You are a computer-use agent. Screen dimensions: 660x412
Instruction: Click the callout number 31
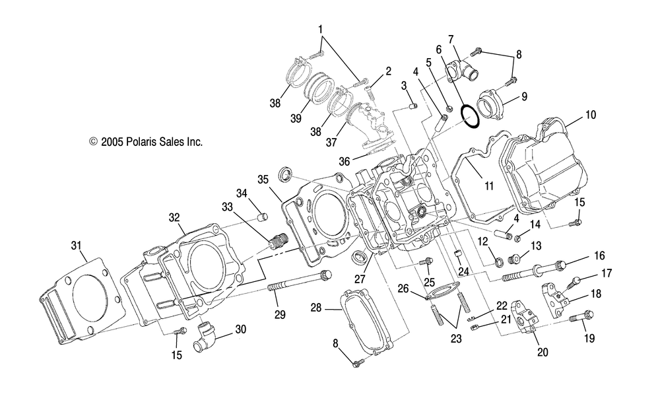point(76,246)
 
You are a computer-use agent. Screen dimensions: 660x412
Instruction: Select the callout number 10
point(591,115)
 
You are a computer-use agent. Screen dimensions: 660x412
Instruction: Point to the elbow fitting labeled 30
point(205,336)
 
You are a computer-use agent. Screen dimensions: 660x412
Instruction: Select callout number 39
point(296,118)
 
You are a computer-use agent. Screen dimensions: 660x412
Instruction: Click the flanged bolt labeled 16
point(533,271)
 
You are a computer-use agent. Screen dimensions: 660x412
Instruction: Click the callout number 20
point(543,352)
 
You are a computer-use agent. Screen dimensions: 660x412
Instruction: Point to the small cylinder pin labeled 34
point(263,217)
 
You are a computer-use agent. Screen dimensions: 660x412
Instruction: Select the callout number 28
point(316,308)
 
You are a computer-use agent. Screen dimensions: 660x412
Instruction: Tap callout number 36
point(345,161)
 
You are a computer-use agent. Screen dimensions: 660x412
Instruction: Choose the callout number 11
point(488,186)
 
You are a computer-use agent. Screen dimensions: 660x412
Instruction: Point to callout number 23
point(456,338)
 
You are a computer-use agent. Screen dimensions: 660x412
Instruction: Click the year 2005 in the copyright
point(112,142)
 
